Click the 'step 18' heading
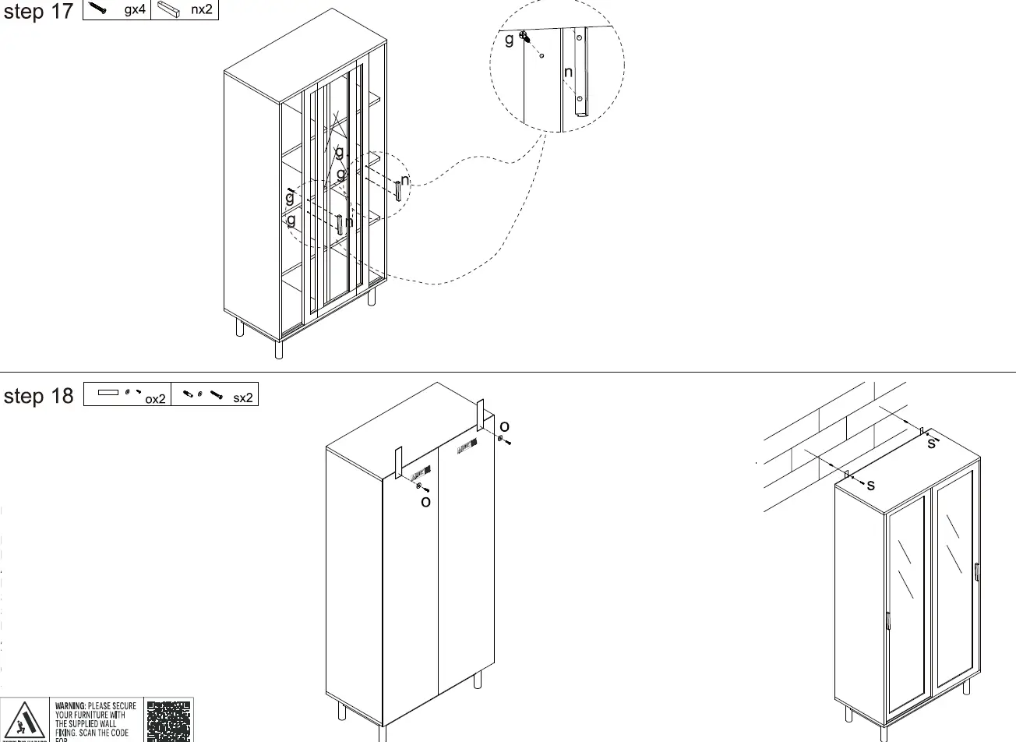[x=38, y=396]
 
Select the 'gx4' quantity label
[x=135, y=10]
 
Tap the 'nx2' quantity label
[x=202, y=10]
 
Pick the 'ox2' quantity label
[x=156, y=399]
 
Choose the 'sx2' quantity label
[x=243, y=397]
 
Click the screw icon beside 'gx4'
[x=99, y=9]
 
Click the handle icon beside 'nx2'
[x=169, y=10]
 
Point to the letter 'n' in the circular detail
[x=568, y=72]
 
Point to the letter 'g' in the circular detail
[x=510, y=39]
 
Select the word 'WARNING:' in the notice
[x=71, y=706]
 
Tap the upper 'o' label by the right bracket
[x=504, y=426]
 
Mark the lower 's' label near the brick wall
[x=870, y=485]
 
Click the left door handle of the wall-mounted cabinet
[x=888, y=620]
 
